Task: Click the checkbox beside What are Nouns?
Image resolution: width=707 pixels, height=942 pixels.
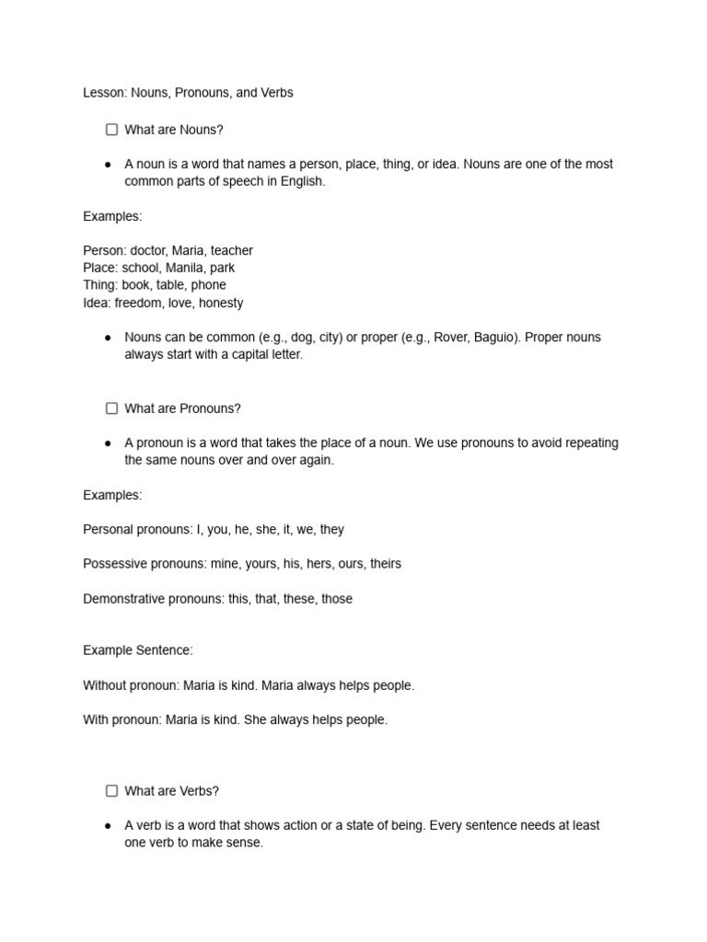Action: pyautogui.click(x=111, y=130)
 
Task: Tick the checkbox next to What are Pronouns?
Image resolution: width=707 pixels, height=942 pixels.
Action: pyautogui.click(x=111, y=408)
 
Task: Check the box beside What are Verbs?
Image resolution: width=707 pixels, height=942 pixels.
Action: pyautogui.click(x=111, y=790)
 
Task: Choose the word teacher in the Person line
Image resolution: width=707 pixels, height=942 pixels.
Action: pyautogui.click(x=232, y=250)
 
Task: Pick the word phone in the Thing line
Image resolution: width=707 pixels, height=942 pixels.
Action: pyautogui.click(x=209, y=285)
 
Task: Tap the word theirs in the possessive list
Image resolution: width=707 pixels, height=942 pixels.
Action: pyautogui.click(x=386, y=564)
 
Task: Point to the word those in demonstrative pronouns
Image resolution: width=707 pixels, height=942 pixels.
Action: pyautogui.click(x=337, y=599)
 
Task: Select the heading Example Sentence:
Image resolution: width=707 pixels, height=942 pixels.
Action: pyautogui.click(x=138, y=650)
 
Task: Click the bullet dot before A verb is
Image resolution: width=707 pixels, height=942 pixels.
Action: pyautogui.click(x=109, y=826)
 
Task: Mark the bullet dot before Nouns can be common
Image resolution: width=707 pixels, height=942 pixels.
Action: pyautogui.click(x=109, y=338)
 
